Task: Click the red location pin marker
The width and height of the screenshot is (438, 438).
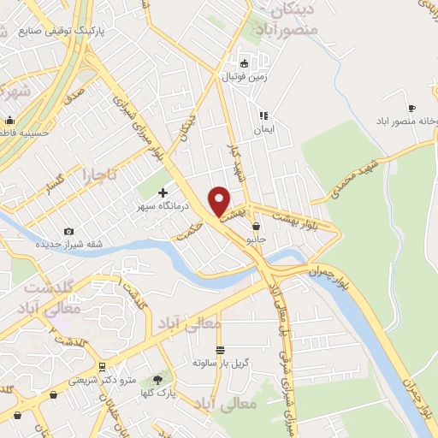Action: tap(220, 200)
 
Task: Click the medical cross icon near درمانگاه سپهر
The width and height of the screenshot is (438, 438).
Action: tap(163, 192)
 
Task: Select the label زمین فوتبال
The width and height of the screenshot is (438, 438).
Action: tap(245, 76)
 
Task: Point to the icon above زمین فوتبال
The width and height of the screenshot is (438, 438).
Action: tap(244, 62)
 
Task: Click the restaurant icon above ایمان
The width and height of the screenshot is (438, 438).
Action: tap(263, 115)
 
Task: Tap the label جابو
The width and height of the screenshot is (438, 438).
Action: tap(257, 240)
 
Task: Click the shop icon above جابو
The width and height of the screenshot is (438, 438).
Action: tap(257, 227)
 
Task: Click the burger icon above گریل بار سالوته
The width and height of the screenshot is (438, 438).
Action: tap(220, 350)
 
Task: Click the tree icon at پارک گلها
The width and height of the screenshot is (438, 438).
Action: tap(157, 379)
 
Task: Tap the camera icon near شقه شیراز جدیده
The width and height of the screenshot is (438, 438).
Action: tap(68, 231)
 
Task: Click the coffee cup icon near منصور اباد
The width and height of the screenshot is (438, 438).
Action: tap(411, 108)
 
